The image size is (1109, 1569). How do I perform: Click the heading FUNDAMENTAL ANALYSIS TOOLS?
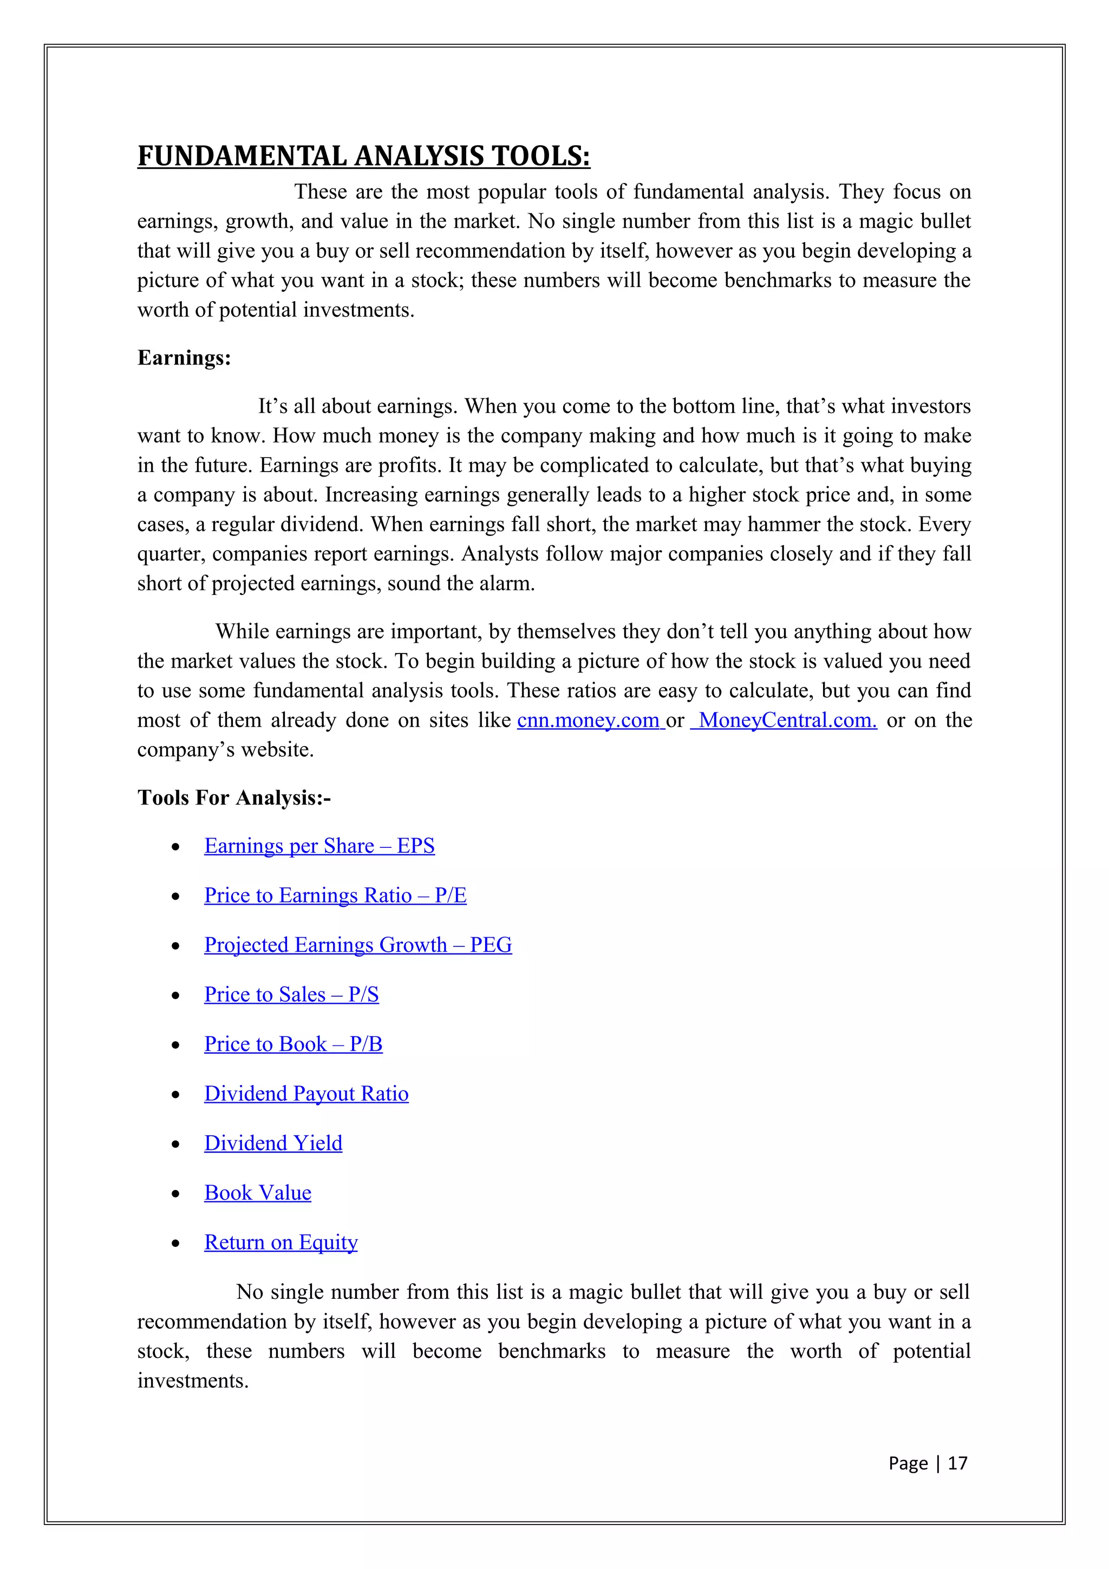pos(363,156)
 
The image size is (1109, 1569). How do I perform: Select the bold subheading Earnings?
pos(184,358)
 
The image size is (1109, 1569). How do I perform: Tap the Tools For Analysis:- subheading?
pos(234,797)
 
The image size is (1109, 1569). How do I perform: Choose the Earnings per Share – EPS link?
pos(319,846)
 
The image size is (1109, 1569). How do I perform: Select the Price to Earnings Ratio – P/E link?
pos(335,895)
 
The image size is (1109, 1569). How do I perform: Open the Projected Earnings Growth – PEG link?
pos(357,945)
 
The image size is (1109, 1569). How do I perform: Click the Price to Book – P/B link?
pos(293,1044)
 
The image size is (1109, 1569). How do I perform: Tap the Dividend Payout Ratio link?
pos(306,1094)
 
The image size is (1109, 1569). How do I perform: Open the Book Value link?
pos(258,1193)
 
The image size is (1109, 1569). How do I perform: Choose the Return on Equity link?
pos(281,1243)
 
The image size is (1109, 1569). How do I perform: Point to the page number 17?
pos(957,1463)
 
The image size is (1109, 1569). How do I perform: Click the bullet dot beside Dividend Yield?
pos(175,1145)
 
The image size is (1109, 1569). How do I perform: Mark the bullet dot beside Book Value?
pos(175,1194)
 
